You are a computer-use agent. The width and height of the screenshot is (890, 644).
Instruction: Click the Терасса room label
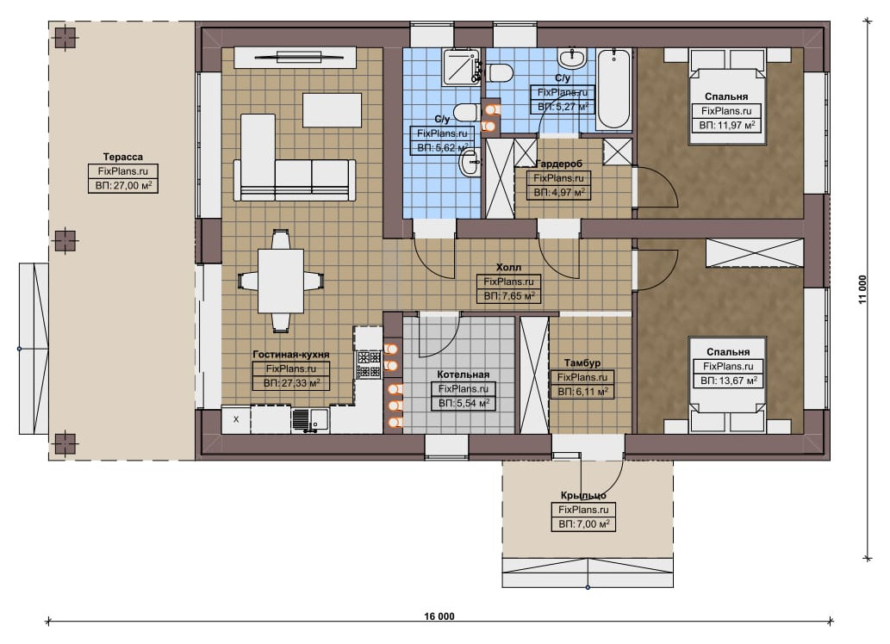pos(122,157)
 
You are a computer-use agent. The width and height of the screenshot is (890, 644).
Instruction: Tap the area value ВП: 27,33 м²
pos(291,383)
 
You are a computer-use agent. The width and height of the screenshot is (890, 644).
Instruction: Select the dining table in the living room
pos(281,281)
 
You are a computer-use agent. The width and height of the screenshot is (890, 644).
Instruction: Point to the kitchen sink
pos(310,420)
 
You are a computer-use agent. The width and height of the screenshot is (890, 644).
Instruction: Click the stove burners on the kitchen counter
pos(369,364)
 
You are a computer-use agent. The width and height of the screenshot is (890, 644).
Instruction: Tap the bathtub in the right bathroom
pos(613,89)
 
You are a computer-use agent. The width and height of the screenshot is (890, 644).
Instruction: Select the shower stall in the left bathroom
pos(462,67)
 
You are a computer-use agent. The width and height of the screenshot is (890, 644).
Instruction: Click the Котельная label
pos(464,375)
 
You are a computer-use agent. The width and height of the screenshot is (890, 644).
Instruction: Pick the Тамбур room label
pos(582,362)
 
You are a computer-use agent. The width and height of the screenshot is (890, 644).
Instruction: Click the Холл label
pos(508,267)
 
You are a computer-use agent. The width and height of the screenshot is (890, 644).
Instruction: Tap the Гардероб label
pos(559,164)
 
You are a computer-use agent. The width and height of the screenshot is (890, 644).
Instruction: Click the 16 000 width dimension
pos(439,616)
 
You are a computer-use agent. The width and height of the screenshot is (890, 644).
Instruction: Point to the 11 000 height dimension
pos(862,290)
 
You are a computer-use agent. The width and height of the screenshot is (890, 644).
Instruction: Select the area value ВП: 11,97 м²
pos(727,125)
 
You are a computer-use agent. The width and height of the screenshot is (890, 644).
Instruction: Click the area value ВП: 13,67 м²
pos(728,381)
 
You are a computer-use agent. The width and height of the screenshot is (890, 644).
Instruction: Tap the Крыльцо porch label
pos(583,495)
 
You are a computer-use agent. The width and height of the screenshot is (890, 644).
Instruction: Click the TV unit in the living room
pos(295,58)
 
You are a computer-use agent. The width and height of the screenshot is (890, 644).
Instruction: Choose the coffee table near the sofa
pos(332,110)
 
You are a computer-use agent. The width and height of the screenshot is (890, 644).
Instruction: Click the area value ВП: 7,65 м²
pos(509,295)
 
